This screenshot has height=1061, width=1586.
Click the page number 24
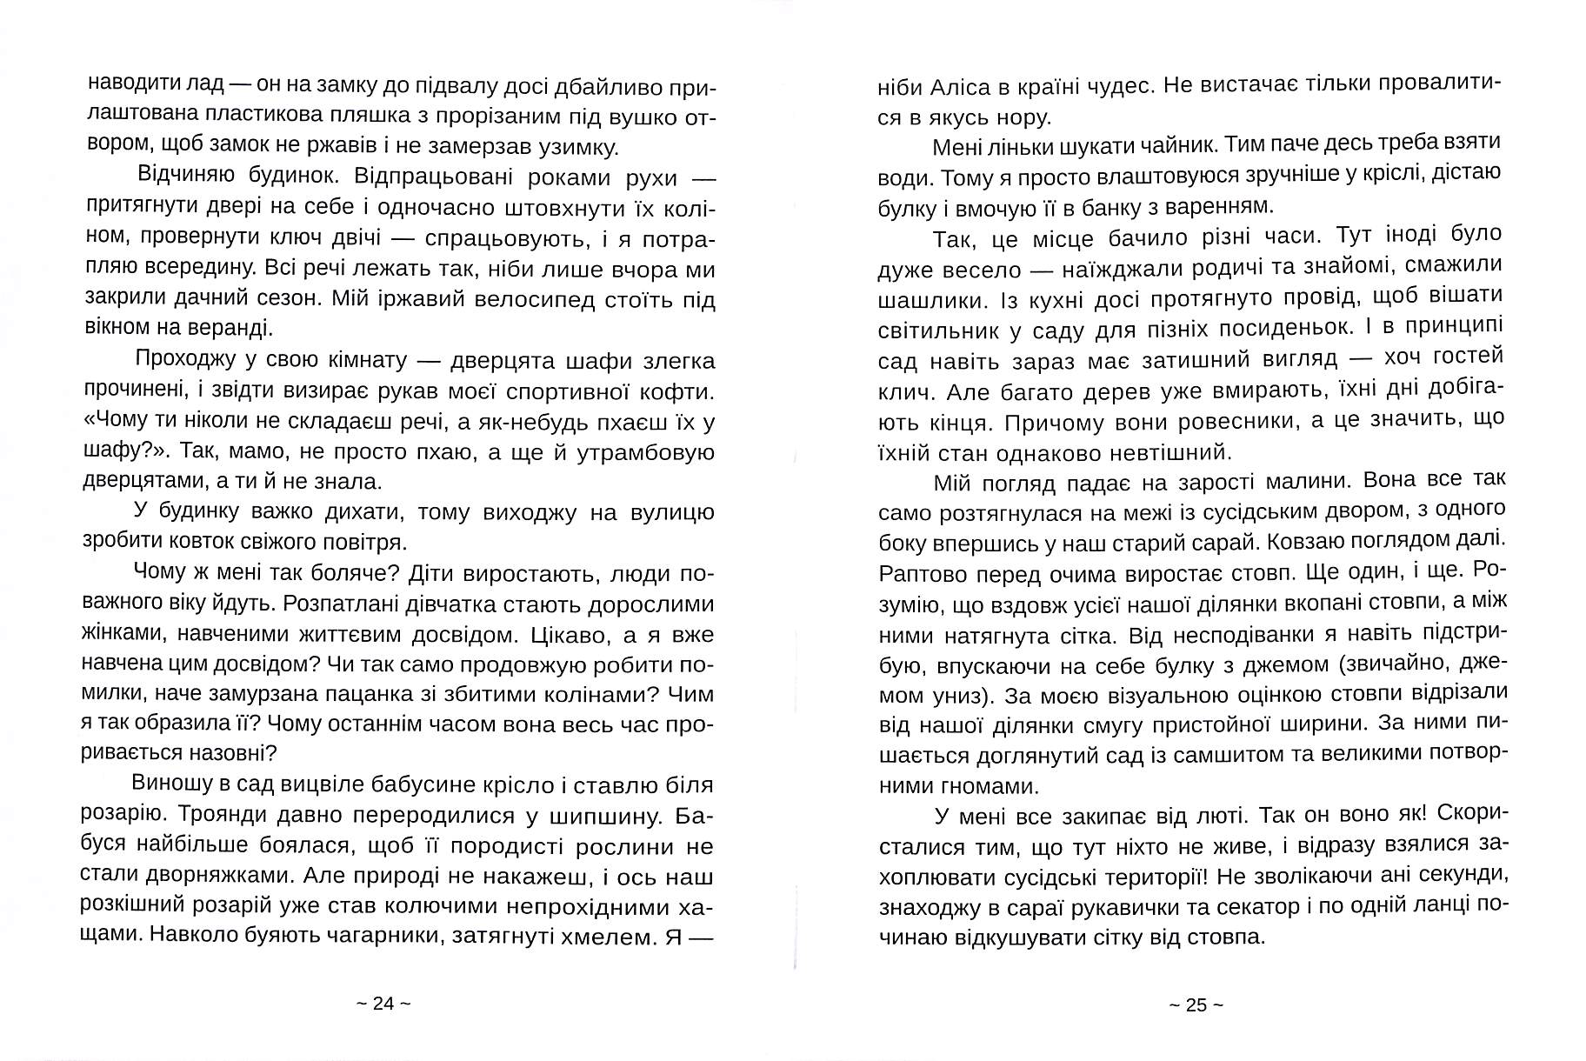click(x=383, y=1003)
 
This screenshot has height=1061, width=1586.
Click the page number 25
click(x=1196, y=1004)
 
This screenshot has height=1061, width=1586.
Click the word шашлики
click(x=922, y=297)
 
